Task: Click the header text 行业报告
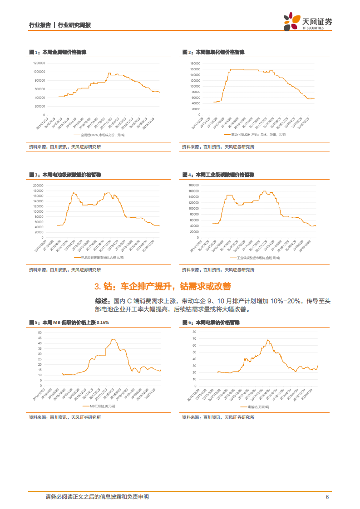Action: point(39,25)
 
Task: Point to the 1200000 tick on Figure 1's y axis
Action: point(39,63)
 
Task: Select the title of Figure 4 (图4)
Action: point(218,174)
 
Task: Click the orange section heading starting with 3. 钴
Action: point(163,286)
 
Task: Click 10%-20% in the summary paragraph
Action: point(283,301)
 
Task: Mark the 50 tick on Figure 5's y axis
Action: point(40,333)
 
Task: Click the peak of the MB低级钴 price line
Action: point(113,339)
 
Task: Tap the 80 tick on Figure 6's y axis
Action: point(194,332)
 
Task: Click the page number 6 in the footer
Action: point(327,497)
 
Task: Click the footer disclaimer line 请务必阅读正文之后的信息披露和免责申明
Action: point(97,497)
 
